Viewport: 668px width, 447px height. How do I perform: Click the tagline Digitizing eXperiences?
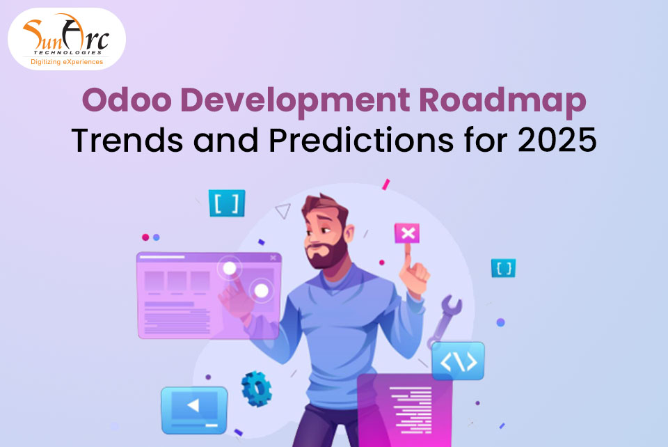click(67, 63)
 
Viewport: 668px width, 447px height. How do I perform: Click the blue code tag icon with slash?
click(458, 361)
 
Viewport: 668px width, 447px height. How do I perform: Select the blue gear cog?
click(255, 389)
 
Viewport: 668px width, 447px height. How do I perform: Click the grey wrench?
click(445, 317)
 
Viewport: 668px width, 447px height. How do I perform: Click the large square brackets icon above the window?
click(227, 203)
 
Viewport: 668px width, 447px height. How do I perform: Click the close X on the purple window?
click(271, 258)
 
